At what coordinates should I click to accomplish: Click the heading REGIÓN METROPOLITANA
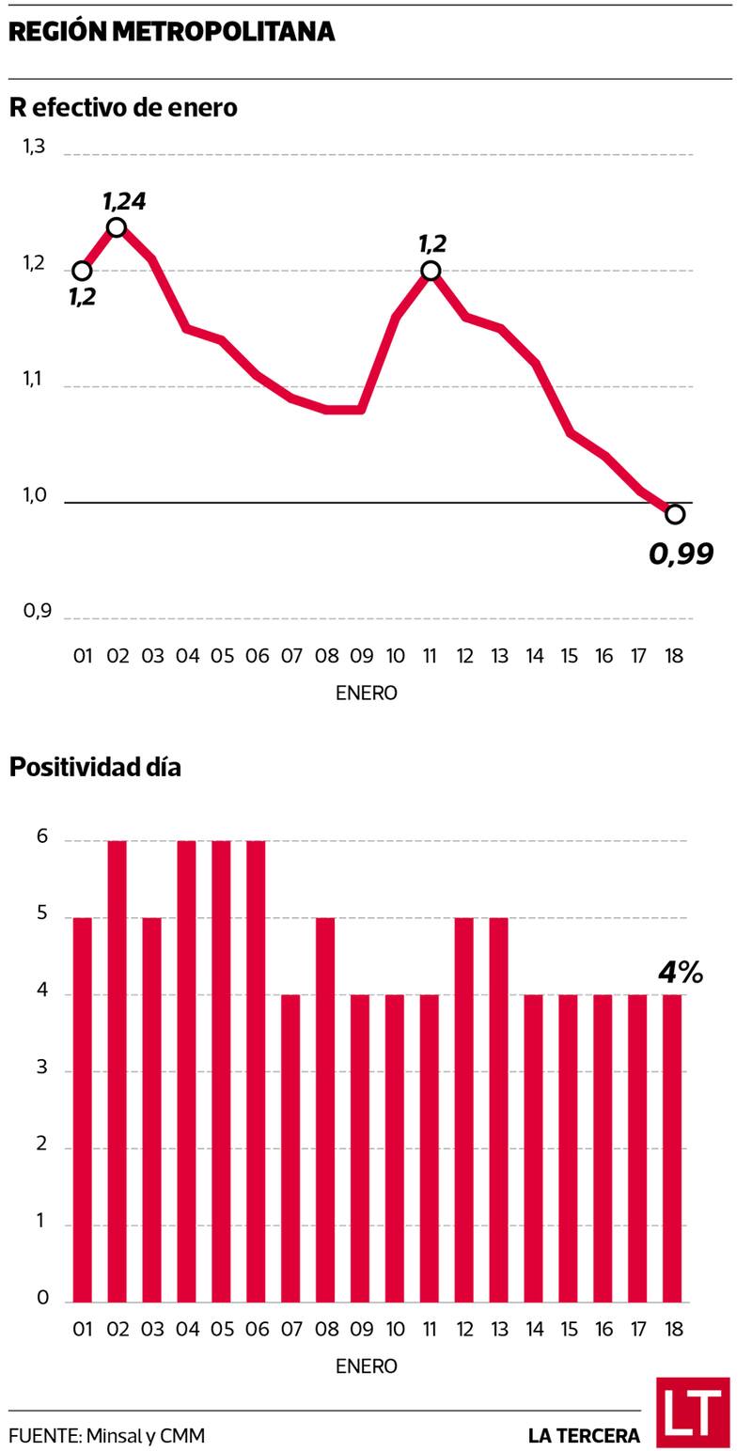tap(171, 32)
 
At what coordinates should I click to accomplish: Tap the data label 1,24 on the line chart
tap(124, 201)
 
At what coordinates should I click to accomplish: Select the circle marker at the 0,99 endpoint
tap(674, 514)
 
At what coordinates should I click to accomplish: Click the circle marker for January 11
tap(431, 271)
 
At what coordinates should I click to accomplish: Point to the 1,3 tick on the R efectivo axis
tap(34, 147)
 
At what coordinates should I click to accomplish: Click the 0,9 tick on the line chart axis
tap(37, 612)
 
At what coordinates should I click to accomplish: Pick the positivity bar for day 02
tap(117, 1071)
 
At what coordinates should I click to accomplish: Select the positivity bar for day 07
tap(291, 1148)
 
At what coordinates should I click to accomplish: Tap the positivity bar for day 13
tap(499, 1110)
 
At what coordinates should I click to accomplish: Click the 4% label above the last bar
tap(681, 973)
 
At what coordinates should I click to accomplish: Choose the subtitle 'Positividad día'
tap(95, 768)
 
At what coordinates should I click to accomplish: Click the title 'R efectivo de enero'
tap(123, 108)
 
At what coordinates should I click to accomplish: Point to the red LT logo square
tap(693, 1412)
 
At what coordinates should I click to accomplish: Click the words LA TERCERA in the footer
tap(584, 1436)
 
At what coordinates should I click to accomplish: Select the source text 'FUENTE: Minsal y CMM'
tap(106, 1436)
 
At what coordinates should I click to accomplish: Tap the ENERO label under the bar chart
tap(366, 1365)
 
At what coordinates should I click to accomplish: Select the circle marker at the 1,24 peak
tap(117, 226)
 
